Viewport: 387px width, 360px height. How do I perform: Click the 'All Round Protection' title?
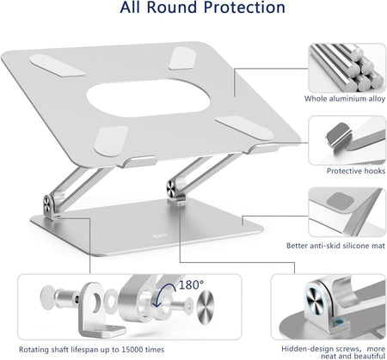[202, 8]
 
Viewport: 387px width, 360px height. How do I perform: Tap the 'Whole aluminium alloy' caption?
[345, 99]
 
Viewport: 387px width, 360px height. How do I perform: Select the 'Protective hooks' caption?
[356, 171]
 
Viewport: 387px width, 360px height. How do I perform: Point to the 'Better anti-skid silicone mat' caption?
[335, 246]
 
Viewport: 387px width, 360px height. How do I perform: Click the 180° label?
[191, 285]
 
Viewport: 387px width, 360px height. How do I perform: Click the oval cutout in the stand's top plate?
[148, 98]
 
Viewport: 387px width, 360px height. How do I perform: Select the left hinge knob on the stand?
[47, 204]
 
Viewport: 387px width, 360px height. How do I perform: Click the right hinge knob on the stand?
[171, 189]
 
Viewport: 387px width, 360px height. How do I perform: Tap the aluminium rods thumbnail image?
[347, 68]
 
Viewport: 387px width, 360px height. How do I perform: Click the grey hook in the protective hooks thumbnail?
[339, 135]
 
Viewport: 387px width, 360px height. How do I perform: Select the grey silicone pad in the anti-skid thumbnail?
[340, 201]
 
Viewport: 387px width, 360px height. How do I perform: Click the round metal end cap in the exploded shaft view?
[206, 307]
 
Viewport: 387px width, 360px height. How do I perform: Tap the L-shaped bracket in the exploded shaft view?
[99, 310]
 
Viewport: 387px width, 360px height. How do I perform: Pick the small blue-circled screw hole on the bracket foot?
[340, 322]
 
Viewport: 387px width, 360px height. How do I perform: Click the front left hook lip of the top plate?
[139, 162]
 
